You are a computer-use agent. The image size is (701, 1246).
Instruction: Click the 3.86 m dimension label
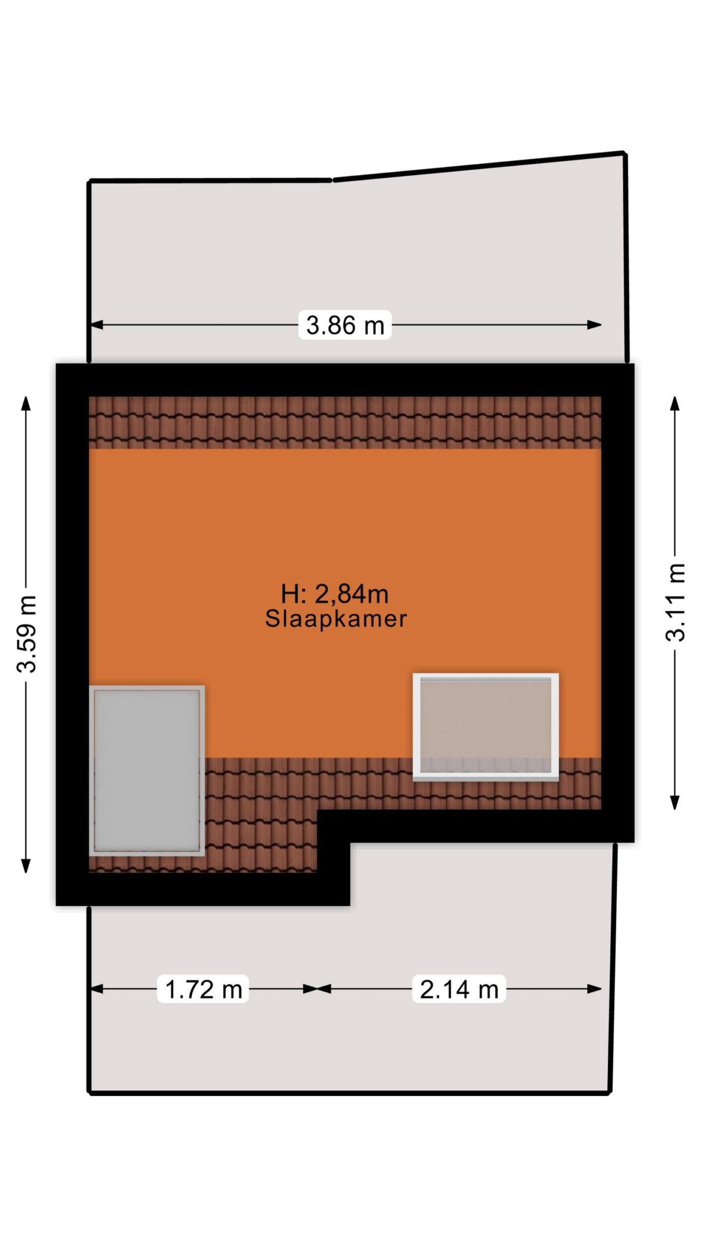point(345,325)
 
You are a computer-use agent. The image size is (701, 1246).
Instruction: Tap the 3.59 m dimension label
point(27,634)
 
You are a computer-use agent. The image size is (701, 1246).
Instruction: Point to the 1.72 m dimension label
point(203,989)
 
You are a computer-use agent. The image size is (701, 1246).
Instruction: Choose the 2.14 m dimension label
point(459,989)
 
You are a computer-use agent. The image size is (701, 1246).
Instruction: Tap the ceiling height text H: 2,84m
point(335,594)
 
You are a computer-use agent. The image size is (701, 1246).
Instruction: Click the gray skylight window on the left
point(147,771)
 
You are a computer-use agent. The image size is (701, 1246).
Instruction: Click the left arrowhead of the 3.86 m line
point(97,325)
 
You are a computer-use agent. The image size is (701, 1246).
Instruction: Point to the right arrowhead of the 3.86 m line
point(595,325)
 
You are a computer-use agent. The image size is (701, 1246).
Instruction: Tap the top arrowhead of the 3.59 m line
point(26,403)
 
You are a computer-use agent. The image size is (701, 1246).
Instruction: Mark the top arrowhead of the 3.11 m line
point(675,403)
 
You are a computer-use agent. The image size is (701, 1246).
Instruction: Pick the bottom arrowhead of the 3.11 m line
point(675,803)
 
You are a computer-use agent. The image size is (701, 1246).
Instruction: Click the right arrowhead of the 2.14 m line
point(595,989)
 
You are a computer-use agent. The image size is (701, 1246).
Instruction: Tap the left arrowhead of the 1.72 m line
point(97,989)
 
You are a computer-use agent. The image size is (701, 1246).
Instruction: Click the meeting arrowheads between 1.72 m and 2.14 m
point(317,989)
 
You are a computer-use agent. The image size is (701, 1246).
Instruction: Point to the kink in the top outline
point(333,180)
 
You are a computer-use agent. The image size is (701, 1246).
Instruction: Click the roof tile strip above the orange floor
point(345,422)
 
